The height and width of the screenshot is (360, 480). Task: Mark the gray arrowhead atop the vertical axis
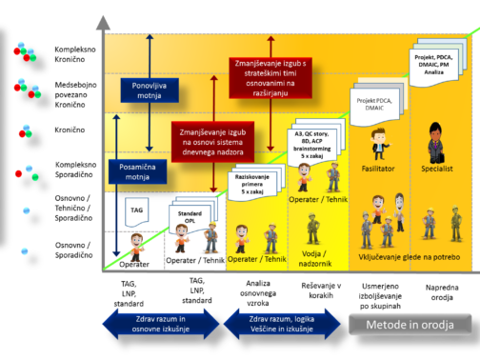coord(102,21)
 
